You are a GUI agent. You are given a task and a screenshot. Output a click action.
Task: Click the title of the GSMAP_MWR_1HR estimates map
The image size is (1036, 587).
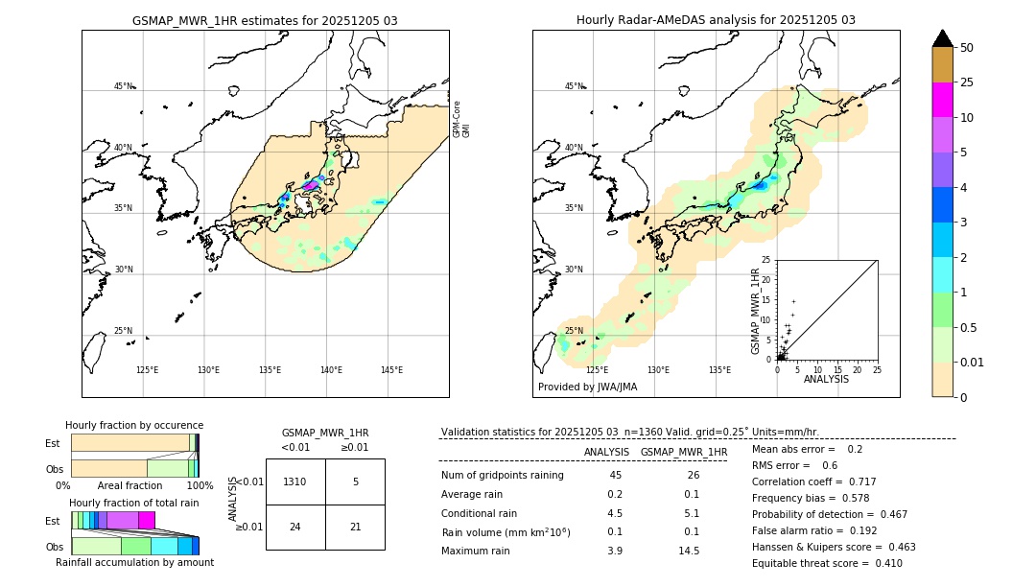tap(265, 20)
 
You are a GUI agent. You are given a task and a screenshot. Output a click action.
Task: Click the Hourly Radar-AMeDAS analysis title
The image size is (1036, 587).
tap(716, 20)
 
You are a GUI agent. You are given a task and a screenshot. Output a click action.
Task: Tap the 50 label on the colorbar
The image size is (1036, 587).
tap(967, 48)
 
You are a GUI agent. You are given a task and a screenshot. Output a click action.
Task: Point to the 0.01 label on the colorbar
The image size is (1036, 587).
tap(971, 362)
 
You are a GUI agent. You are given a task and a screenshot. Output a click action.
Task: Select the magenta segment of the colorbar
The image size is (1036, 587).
tap(942, 100)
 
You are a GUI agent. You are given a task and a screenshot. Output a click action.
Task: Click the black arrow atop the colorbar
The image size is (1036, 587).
tap(942, 38)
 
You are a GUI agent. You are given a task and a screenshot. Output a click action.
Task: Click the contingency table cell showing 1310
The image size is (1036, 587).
tap(295, 481)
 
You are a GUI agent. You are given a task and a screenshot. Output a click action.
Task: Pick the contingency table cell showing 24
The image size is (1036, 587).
tap(295, 527)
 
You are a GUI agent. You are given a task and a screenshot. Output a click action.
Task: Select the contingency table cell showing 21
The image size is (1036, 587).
tap(355, 527)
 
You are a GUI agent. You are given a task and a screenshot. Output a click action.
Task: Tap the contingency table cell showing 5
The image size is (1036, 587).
tap(355, 481)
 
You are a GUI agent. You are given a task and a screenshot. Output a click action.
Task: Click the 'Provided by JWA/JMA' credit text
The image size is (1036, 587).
tap(587, 387)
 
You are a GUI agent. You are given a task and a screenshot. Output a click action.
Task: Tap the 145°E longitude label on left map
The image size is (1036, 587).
tap(391, 370)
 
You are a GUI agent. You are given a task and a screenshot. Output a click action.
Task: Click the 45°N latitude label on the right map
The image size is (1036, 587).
tap(574, 86)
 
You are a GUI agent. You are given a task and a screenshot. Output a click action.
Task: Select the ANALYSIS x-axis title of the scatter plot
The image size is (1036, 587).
tap(826, 379)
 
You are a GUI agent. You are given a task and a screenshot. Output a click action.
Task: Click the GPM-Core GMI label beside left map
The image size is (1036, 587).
tap(461, 118)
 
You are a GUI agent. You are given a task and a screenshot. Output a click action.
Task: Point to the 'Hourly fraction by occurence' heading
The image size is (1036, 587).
tap(134, 425)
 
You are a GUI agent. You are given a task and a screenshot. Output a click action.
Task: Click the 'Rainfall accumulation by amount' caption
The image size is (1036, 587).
tap(134, 562)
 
